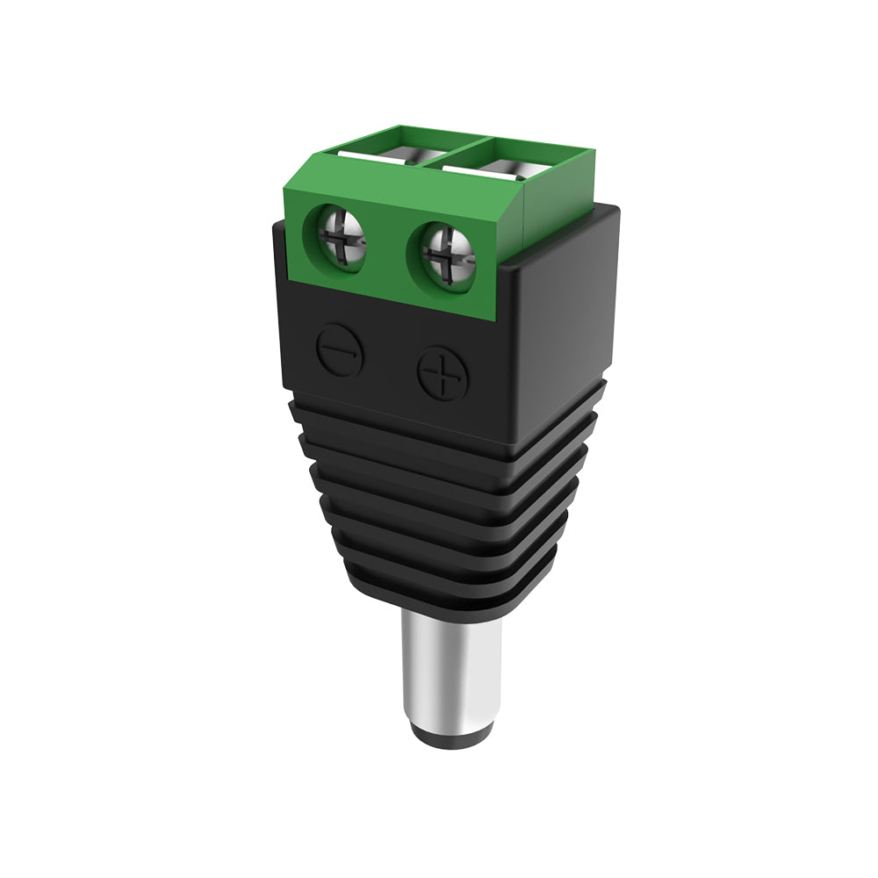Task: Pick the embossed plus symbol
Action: [x=442, y=374]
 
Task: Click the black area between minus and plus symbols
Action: [x=390, y=362]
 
